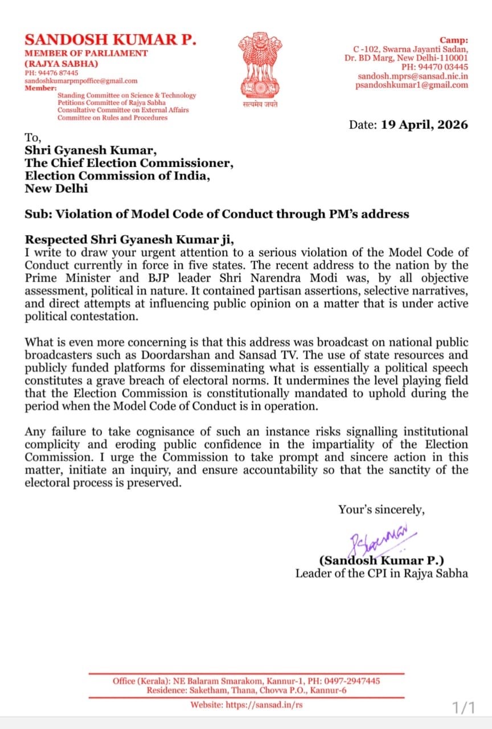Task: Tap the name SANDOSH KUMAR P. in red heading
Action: pyautogui.click(x=110, y=39)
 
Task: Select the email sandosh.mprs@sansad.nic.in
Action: pyautogui.click(x=413, y=76)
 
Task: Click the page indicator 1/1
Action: pyautogui.click(x=463, y=708)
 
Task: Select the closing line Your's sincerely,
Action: pyautogui.click(x=381, y=510)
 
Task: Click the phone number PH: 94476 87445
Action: pyautogui.click(x=51, y=73)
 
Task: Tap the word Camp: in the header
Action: pyautogui.click(x=453, y=40)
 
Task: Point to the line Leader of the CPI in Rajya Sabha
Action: pyautogui.click(x=382, y=573)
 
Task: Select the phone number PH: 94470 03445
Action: pyautogui.click(x=432, y=67)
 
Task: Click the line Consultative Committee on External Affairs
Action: pyautogui.click(x=123, y=110)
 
